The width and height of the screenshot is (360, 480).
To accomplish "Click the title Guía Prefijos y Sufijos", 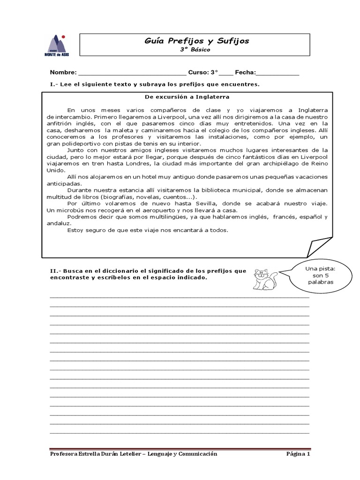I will tap(196, 41).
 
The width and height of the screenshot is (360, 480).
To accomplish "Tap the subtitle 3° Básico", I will tap(196, 49).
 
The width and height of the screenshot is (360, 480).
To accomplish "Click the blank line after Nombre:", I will tap(132, 74).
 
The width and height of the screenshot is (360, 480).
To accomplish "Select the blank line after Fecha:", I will tap(277, 74).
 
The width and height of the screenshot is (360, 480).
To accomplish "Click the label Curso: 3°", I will tap(203, 73).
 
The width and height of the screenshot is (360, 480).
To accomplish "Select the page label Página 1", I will tap(298, 454).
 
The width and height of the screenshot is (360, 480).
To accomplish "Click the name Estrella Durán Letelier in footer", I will tap(105, 454).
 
